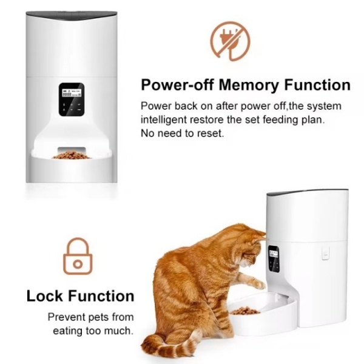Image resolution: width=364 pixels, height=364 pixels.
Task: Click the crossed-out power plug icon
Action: pyautogui.click(x=230, y=41)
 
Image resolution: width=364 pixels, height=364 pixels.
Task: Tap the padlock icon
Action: pyautogui.click(x=78, y=256)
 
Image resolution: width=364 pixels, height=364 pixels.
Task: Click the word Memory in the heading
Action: pyautogui.click(x=248, y=85)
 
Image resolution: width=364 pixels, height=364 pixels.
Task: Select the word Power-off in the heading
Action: pyautogui.click(x=177, y=84)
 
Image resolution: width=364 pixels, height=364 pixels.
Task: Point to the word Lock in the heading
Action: pyautogui.click(x=45, y=296)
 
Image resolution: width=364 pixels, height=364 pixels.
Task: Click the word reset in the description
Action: pyautogui.click(x=211, y=133)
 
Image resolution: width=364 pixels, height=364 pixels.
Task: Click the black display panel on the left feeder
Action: pyautogui.click(x=71, y=99)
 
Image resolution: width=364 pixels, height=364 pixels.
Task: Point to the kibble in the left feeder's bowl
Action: pyautogui.click(x=72, y=155)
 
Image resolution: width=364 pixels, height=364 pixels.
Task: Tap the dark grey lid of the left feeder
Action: pyautogui.click(x=71, y=16)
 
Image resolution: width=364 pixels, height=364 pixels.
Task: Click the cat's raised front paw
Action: pyautogui.click(x=258, y=284)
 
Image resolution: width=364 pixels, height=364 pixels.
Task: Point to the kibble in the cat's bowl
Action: pyautogui.click(x=245, y=311)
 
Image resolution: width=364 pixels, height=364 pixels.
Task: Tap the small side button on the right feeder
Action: pyautogui.click(x=325, y=253)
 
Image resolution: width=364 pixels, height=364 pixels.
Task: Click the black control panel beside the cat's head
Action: pyautogui.click(x=274, y=259)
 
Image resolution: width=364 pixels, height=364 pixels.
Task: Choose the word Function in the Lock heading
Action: pyautogui.click(x=101, y=296)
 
